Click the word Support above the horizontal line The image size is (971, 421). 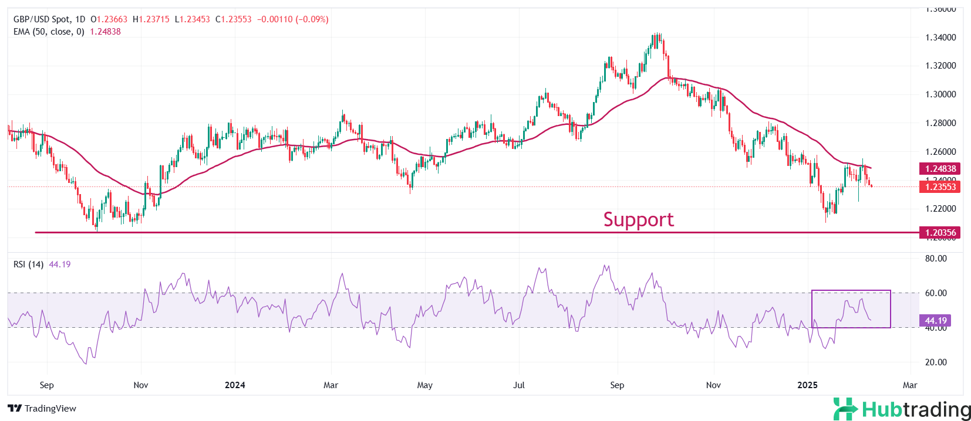[x=638, y=219]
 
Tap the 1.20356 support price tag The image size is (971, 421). [x=940, y=232]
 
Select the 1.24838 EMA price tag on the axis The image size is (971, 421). [x=940, y=168]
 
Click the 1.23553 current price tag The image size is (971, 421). [x=940, y=186]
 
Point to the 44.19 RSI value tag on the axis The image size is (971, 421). [x=936, y=320]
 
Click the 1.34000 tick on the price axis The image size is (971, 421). [x=940, y=38]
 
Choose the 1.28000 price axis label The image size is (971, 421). [x=940, y=123]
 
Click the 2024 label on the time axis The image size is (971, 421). [x=235, y=385]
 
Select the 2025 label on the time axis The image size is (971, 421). [x=807, y=385]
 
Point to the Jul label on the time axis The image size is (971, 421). [x=519, y=385]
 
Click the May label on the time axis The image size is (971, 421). [x=424, y=385]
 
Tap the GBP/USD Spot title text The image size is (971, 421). [x=41, y=19]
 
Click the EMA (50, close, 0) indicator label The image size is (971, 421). [x=49, y=32]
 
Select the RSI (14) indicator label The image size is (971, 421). [x=28, y=264]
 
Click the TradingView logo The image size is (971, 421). [x=42, y=409]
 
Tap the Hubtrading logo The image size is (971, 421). [x=902, y=409]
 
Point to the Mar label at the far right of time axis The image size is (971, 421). [x=909, y=385]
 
